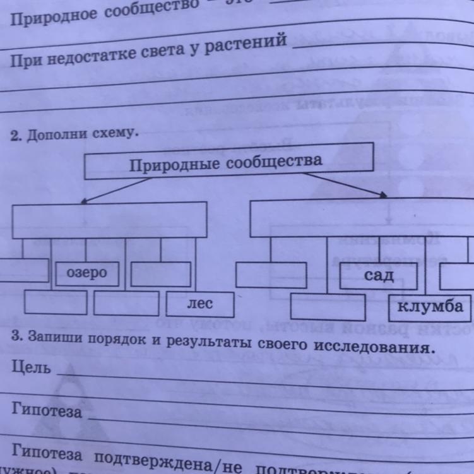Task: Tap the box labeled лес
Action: pos(199,304)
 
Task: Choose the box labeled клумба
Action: pos(430,306)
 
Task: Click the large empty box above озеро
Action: pos(109,220)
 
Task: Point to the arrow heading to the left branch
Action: pos(117,189)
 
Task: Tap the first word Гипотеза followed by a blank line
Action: pos(47,411)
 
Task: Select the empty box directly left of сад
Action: pos(271,275)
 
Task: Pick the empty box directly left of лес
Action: pos(126,303)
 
